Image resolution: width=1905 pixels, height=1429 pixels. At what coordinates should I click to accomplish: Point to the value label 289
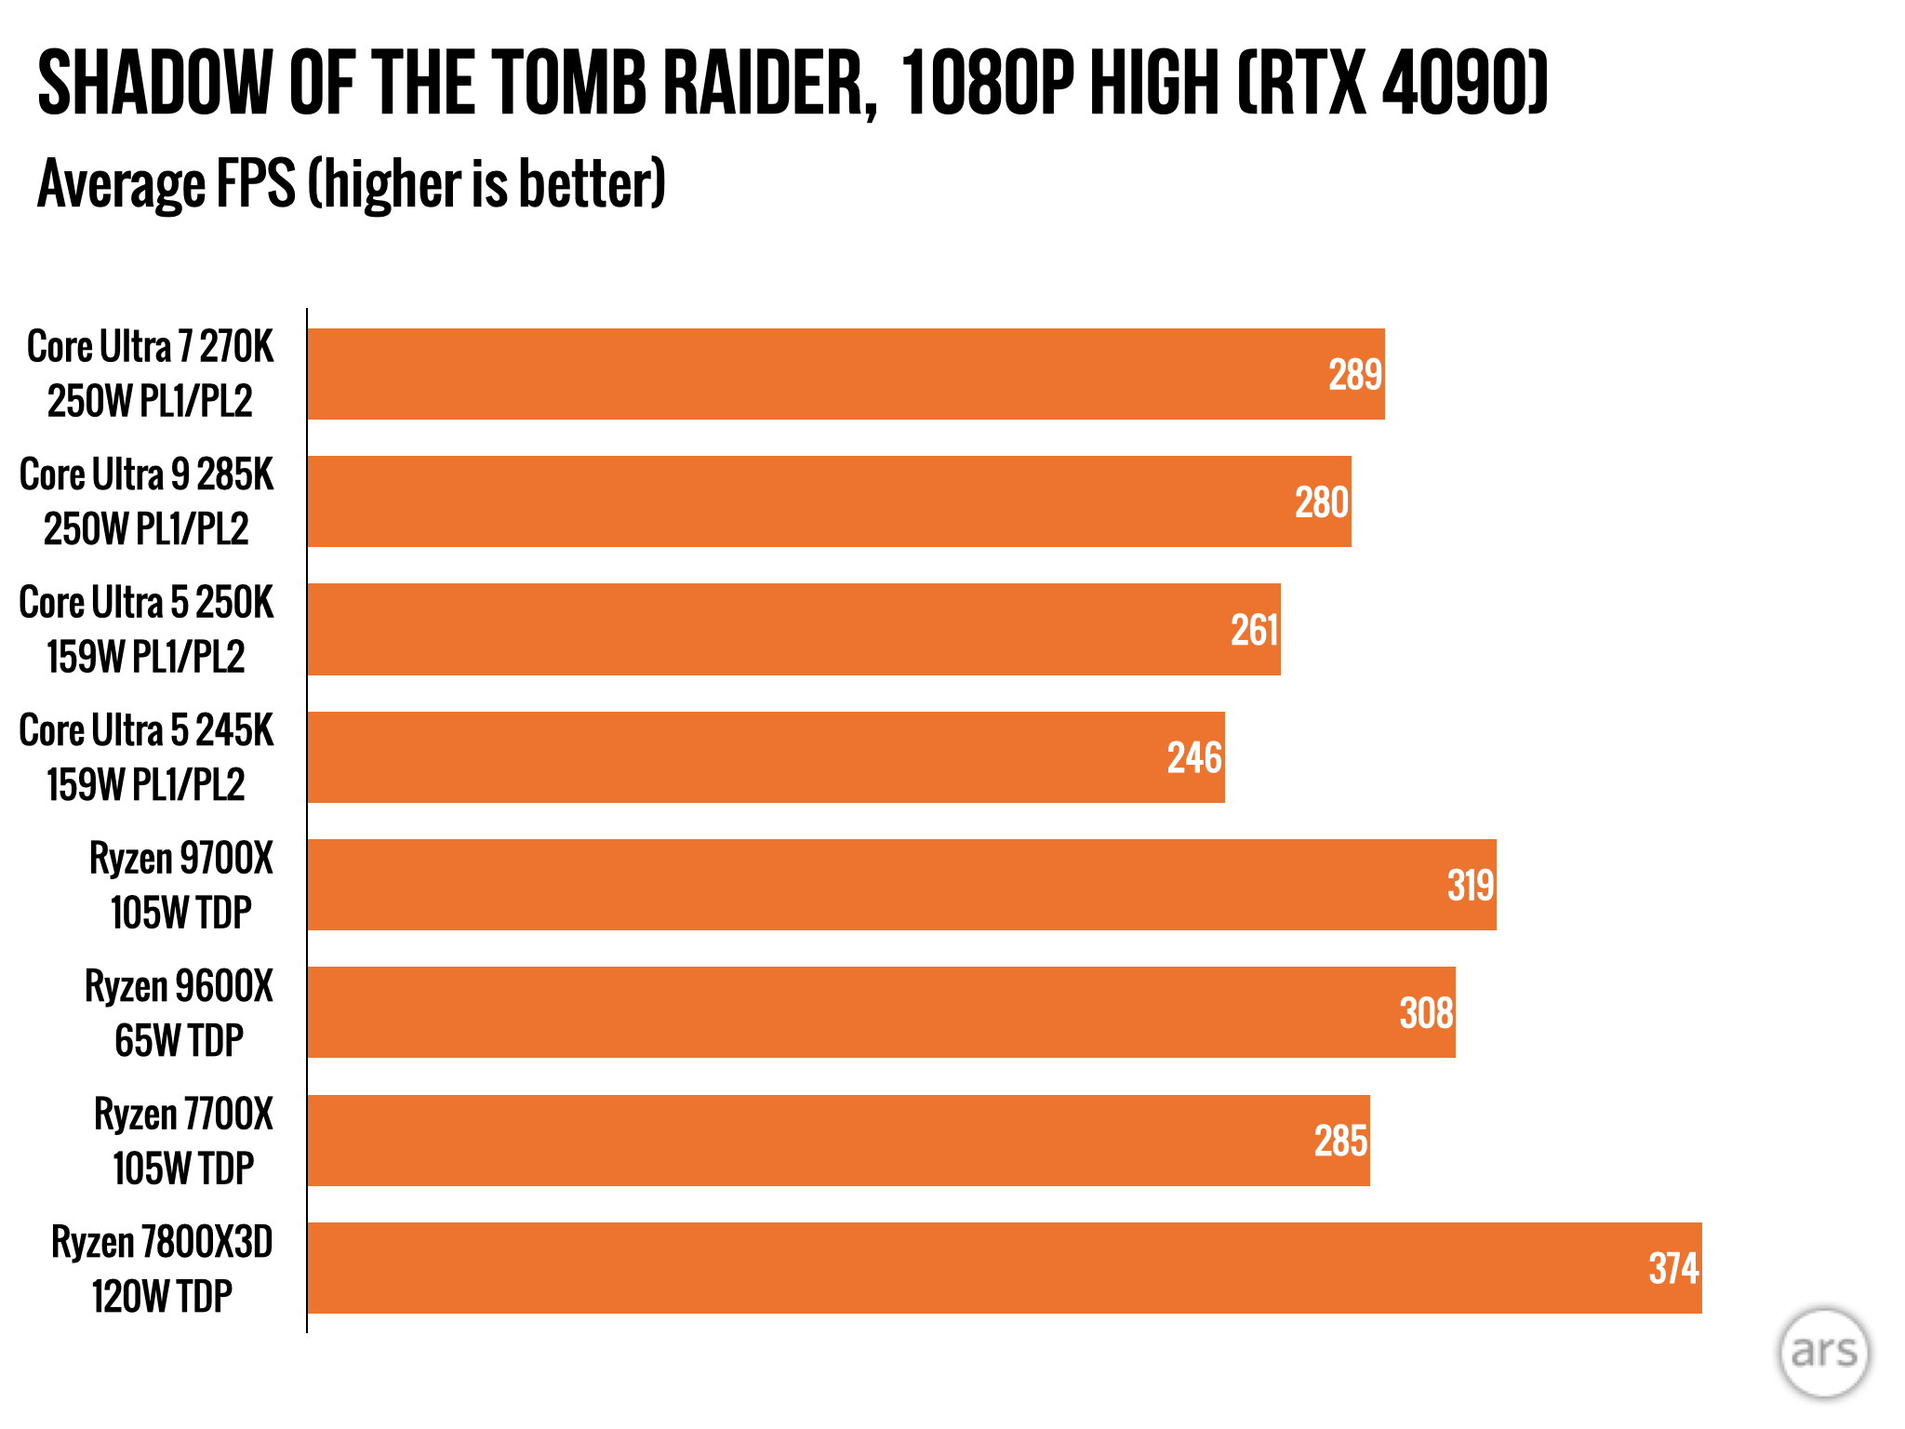pyautogui.click(x=1355, y=375)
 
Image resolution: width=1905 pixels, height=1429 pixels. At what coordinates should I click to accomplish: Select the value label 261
pyautogui.click(x=1255, y=631)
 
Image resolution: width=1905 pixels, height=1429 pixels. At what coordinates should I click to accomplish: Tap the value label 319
pyautogui.click(x=1471, y=886)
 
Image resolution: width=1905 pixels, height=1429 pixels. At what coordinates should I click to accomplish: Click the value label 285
pyautogui.click(x=1340, y=1142)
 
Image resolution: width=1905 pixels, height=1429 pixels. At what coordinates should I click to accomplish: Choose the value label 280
pyautogui.click(x=1322, y=503)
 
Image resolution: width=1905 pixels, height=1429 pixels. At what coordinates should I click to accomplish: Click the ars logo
pyautogui.click(x=1823, y=1353)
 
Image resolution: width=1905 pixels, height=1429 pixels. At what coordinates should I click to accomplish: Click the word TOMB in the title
pyautogui.click(x=568, y=84)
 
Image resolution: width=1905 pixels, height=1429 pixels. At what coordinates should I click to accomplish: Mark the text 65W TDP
pyautogui.click(x=180, y=1041)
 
